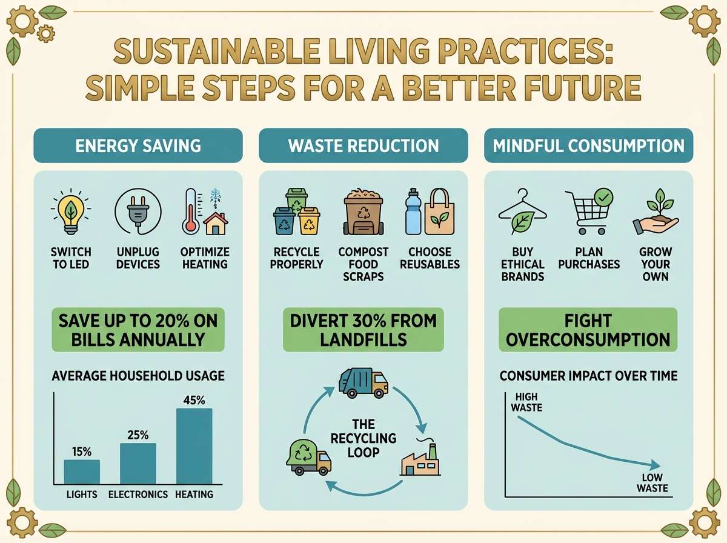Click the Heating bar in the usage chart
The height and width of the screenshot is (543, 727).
[194, 446]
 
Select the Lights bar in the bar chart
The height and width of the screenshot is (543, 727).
[82, 471]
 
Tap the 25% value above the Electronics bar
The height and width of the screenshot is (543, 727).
[138, 435]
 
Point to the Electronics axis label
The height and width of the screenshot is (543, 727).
[138, 495]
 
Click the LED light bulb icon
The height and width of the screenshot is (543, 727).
[70, 212]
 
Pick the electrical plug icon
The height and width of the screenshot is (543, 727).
[138, 212]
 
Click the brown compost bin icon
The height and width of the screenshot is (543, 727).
[363, 212]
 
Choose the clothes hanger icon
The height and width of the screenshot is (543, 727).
[523, 212]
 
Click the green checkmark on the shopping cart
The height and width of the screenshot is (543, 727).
[603, 198]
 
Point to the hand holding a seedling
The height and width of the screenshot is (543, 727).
[656, 212]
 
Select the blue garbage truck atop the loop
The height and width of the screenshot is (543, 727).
[363, 383]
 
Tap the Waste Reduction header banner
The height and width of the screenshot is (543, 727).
[363, 145]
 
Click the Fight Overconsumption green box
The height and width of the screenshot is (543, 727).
[588, 330]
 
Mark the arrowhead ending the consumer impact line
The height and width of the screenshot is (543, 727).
[656, 464]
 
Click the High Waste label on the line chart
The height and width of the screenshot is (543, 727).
[526, 402]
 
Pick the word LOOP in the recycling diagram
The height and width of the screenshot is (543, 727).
[363, 453]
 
